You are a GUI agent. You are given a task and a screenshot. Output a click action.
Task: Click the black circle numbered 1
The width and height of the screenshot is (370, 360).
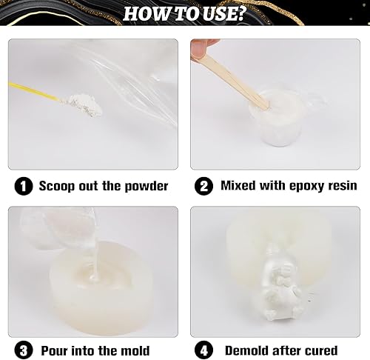point(24,186)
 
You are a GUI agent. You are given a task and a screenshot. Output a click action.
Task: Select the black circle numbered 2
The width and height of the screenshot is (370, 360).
point(203,186)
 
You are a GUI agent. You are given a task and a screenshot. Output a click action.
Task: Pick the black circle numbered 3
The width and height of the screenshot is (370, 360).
point(24,350)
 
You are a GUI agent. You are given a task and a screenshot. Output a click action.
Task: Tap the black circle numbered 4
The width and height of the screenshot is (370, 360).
point(203,350)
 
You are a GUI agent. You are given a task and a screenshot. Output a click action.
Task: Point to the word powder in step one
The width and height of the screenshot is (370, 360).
point(147,186)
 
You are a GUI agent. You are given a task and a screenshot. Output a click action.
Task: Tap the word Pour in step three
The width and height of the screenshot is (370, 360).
point(55,350)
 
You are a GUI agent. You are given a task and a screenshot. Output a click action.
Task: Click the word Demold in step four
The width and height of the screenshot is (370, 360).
point(246,350)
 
